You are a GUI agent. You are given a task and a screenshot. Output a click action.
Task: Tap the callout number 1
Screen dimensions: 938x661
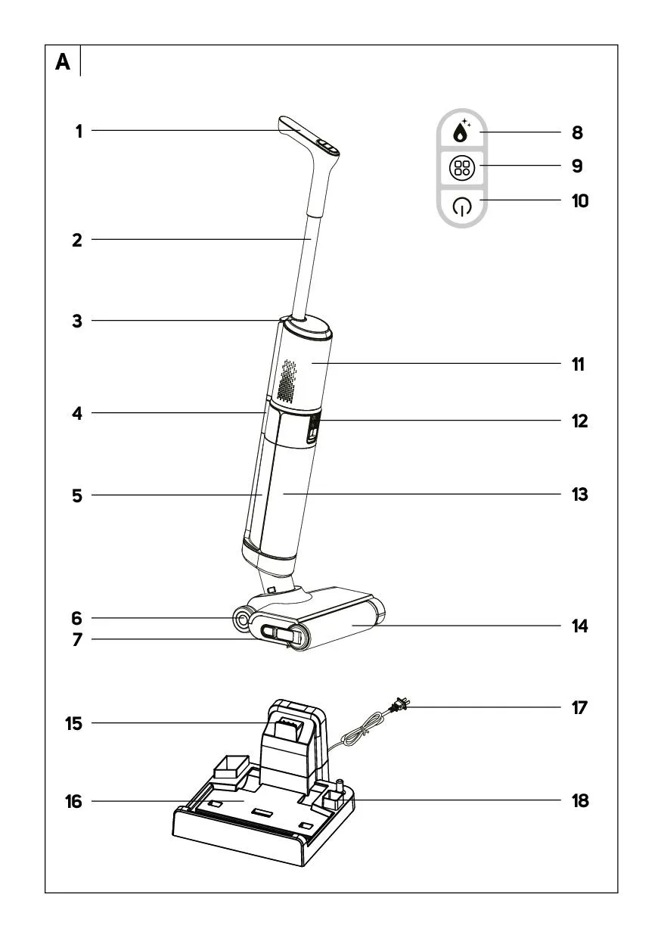79,132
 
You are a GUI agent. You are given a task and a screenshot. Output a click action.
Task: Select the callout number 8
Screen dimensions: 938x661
577,133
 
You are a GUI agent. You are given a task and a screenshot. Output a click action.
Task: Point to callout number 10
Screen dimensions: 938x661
579,201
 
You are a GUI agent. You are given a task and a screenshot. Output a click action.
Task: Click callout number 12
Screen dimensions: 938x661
579,421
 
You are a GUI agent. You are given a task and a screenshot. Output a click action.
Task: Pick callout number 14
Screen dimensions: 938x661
579,626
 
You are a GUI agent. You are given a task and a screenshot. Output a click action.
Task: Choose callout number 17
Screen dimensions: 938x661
579,708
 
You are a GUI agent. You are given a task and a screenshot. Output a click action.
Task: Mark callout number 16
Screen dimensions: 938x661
73,801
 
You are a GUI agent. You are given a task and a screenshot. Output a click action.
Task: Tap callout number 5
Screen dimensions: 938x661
77,495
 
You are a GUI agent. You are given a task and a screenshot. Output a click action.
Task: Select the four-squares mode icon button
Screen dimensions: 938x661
461,168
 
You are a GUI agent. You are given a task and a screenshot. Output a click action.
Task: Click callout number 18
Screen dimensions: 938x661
579,801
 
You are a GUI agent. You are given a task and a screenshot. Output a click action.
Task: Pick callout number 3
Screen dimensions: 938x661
77,321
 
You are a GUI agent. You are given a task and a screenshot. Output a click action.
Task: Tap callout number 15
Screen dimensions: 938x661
73,723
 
